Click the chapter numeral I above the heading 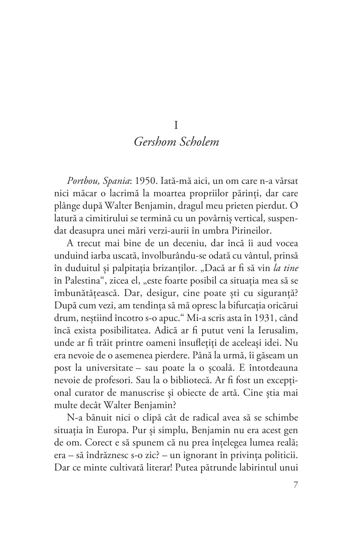tap(176, 125)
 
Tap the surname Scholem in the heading tap(200, 142)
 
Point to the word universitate tap(107, 368)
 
